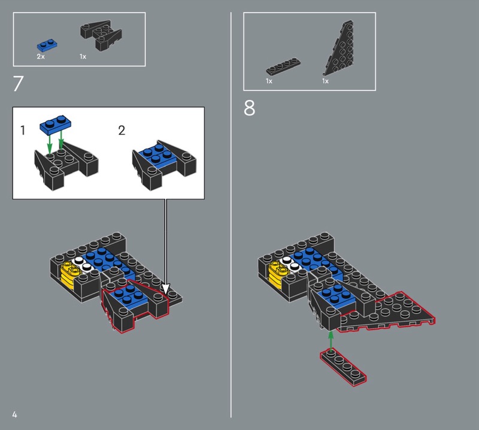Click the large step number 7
click(x=18, y=83)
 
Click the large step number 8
click(x=249, y=108)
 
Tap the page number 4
click(x=14, y=414)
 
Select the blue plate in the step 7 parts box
click(x=47, y=45)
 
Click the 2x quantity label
click(x=41, y=56)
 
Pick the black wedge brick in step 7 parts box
click(x=101, y=35)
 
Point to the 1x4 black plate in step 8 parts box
click(x=283, y=66)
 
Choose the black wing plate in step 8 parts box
click(x=338, y=48)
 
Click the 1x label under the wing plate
click(x=325, y=81)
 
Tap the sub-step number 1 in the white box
click(x=23, y=130)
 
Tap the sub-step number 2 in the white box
click(x=122, y=131)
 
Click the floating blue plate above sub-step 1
click(x=55, y=125)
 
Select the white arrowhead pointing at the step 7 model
click(x=165, y=289)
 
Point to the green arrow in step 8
click(x=331, y=342)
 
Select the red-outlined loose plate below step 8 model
click(x=343, y=367)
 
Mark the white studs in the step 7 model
click(x=82, y=264)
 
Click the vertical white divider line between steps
click(x=231, y=215)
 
